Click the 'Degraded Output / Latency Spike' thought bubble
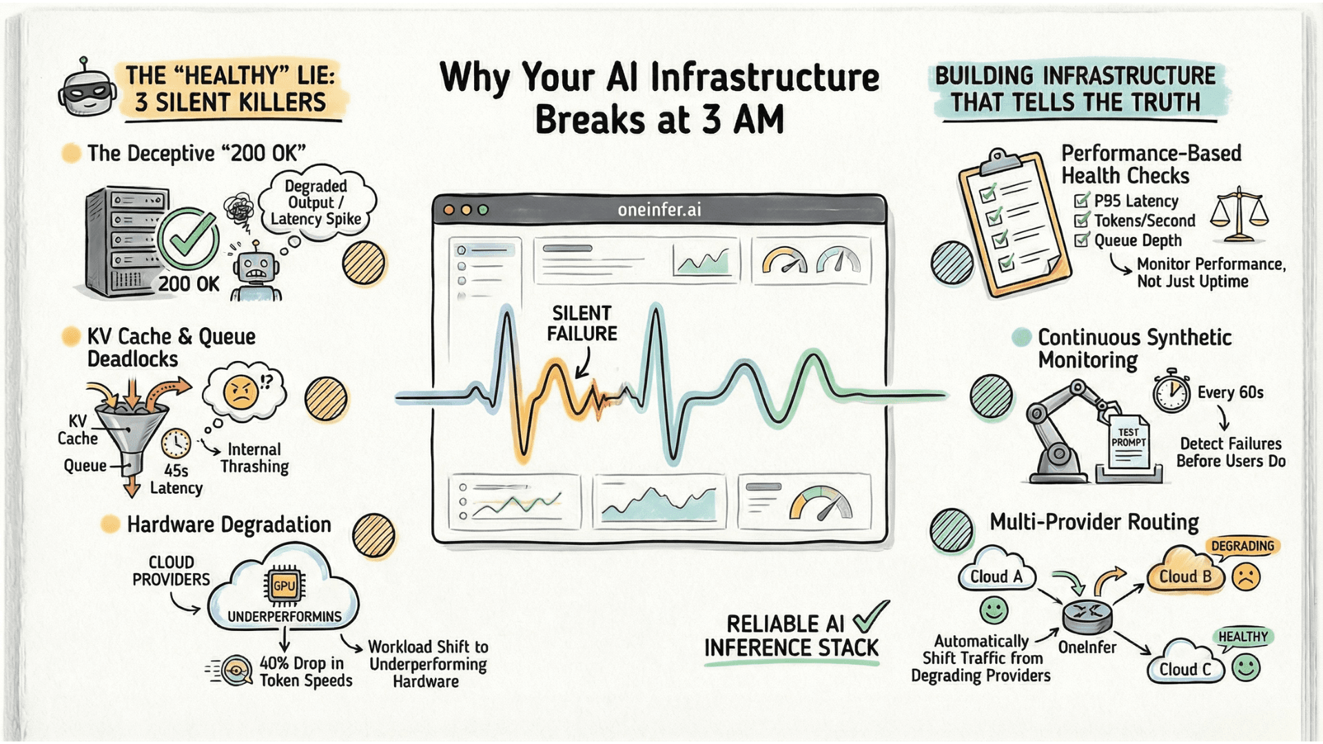pyautogui.click(x=316, y=203)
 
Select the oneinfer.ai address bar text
pyautogui.click(x=659, y=209)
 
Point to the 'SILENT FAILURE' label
pyautogui.click(x=582, y=323)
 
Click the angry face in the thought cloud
pyautogui.click(x=240, y=393)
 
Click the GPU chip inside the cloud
pyautogui.click(x=284, y=586)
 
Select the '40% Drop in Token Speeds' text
pyautogui.click(x=305, y=672)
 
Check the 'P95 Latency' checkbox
pyautogui.click(x=1082, y=201)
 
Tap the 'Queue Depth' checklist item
pyautogui.click(x=1138, y=240)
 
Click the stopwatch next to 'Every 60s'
pyautogui.click(x=1171, y=392)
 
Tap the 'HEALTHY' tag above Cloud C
pyautogui.click(x=1242, y=637)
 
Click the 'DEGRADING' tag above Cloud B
pyautogui.click(x=1242, y=546)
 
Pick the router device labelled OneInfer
pyautogui.click(x=1087, y=615)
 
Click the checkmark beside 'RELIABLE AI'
pyautogui.click(x=870, y=617)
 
